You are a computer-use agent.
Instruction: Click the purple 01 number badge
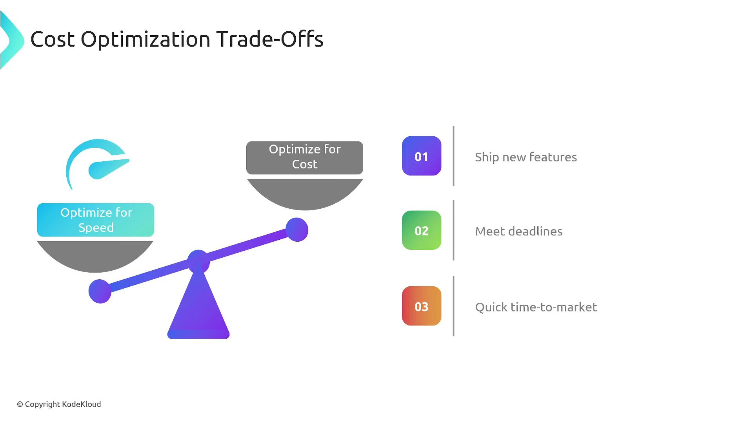click(x=422, y=156)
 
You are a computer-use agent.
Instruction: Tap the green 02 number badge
click(x=422, y=230)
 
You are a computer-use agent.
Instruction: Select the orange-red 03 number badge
click(x=422, y=306)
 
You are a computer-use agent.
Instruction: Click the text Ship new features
click(x=526, y=157)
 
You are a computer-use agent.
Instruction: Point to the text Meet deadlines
click(x=519, y=231)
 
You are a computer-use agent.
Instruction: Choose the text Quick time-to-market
click(x=536, y=307)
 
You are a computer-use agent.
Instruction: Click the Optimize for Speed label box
click(x=96, y=220)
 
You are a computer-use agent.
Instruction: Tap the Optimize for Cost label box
click(x=305, y=158)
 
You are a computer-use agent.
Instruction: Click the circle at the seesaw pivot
click(x=198, y=261)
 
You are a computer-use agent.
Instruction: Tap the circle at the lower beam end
click(x=100, y=291)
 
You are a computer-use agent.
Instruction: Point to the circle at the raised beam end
click(x=297, y=230)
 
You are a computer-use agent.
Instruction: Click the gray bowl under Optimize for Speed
click(x=95, y=255)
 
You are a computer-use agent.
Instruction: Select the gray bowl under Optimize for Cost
click(x=305, y=193)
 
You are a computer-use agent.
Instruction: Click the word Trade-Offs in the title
click(x=270, y=39)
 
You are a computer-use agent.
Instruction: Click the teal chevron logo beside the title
click(x=12, y=40)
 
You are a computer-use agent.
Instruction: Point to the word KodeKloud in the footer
click(x=82, y=404)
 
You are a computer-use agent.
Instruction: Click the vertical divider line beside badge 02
click(x=454, y=230)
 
